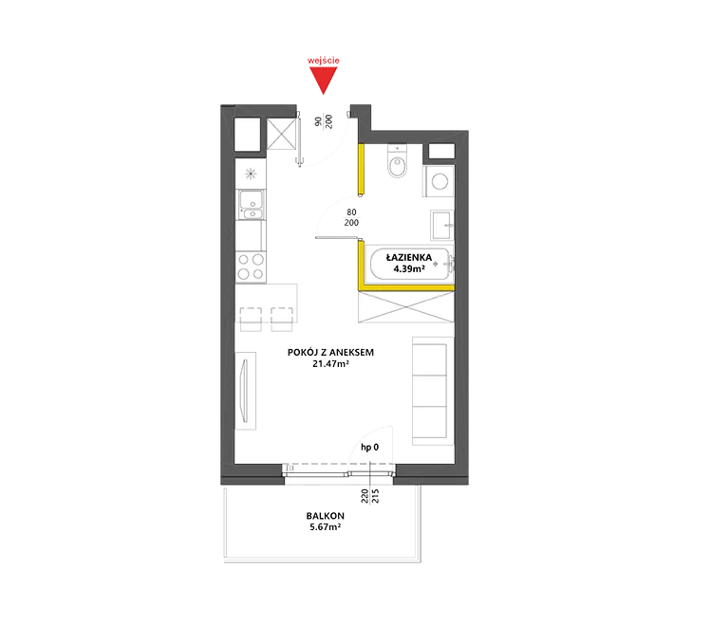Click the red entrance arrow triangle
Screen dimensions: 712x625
[x=324, y=79]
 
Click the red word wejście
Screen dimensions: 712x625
[x=324, y=61]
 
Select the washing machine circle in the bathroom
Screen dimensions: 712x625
[x=440, y=182]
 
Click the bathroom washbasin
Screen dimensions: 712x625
[x=441, y=225]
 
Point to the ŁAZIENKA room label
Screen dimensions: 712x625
[x=409, y=258]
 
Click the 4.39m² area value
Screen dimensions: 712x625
[x=409, y=268]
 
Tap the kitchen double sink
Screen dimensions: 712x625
[x=251, y=205]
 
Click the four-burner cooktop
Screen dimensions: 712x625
[x=251, y=267]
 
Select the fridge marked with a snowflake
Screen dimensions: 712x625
[x=251, y=174]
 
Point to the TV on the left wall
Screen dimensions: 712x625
[x=245, y=391]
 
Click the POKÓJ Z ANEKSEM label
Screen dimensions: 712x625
[x=330, y=353]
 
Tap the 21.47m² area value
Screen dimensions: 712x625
[x=330, y=364]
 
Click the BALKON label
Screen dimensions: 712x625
[x=325, y=516]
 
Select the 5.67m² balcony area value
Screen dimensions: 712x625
[x=325, y=527]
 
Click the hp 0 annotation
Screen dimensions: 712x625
[x=369, y=448]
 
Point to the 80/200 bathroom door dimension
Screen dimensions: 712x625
[x=351, y=217]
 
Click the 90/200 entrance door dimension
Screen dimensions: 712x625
[x=324, y=121]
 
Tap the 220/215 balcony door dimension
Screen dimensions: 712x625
[x=369, y=496]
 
